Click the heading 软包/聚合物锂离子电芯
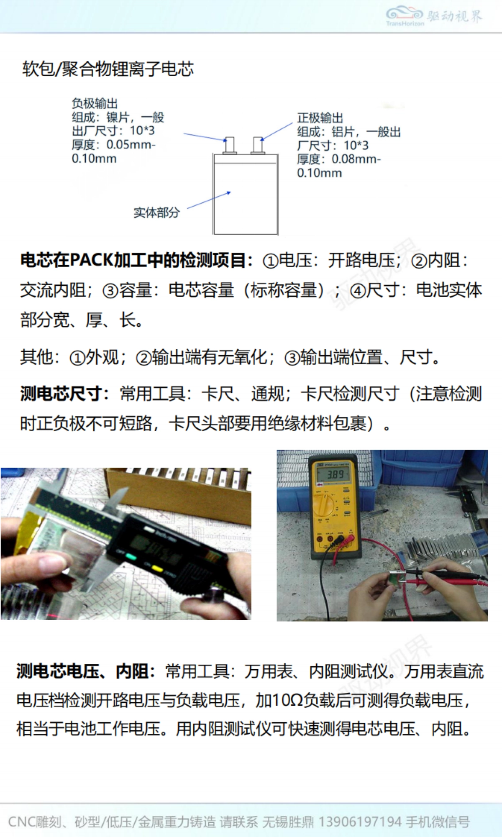coord(108,69)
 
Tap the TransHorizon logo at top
coord(433,16)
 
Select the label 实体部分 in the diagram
coord(156,212)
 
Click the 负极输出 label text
coord(95,103)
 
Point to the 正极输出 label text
coord(320,118)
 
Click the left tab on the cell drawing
coord(230,145)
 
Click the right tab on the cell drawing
coord(258,145)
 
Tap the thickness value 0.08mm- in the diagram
coord(356,159)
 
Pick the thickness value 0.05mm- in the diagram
coord(131,145)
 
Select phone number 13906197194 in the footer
coord(360,822)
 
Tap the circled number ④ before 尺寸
coord(358,291)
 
